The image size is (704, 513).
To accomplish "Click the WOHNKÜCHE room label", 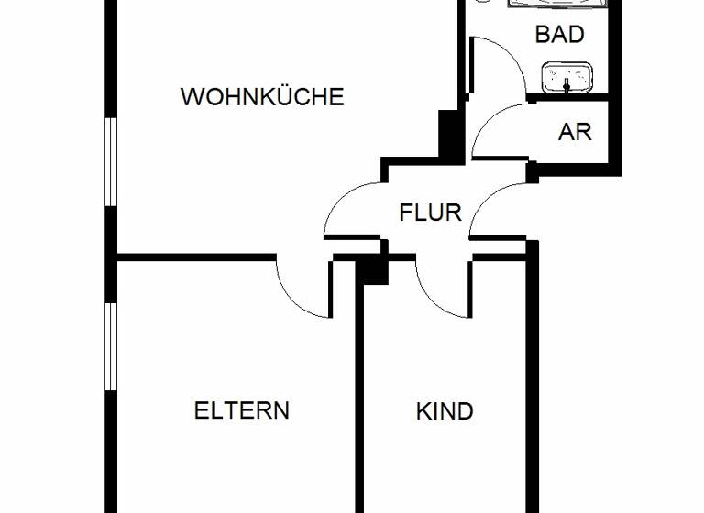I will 262,97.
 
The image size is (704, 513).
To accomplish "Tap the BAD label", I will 559,35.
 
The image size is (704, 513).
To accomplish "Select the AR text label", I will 575,132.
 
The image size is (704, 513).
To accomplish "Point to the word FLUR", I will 430,213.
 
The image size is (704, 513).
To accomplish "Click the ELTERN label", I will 242,410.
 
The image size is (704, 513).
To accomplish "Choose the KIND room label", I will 445,411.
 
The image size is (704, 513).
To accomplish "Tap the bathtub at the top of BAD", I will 559,5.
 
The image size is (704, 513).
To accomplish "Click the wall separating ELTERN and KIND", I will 360,403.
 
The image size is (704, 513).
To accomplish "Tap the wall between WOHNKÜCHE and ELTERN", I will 192,258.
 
